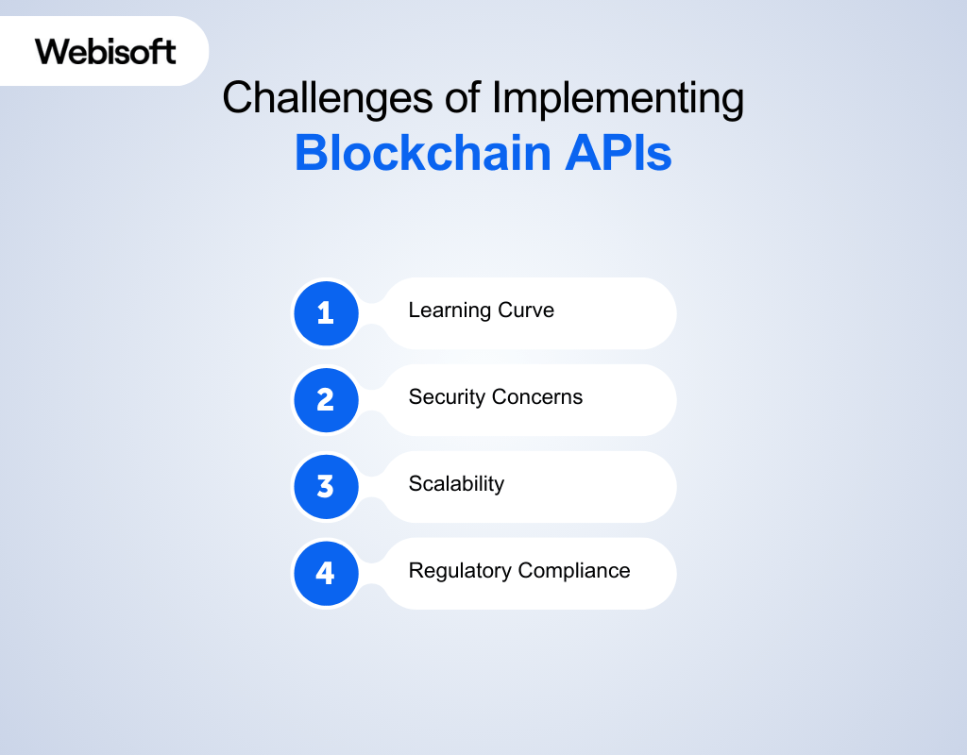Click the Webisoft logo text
coord(106,51)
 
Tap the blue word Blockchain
coord(420,153)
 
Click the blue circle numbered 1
coord(326,312)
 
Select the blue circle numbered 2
coord(326,399)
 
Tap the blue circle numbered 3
coord(326,486)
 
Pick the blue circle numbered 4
coord(326,573)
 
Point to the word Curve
coord(527,310)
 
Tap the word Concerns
coord(539,397)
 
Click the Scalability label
coord(456,484)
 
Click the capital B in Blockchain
coord(309,153)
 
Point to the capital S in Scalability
coord(415,484)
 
